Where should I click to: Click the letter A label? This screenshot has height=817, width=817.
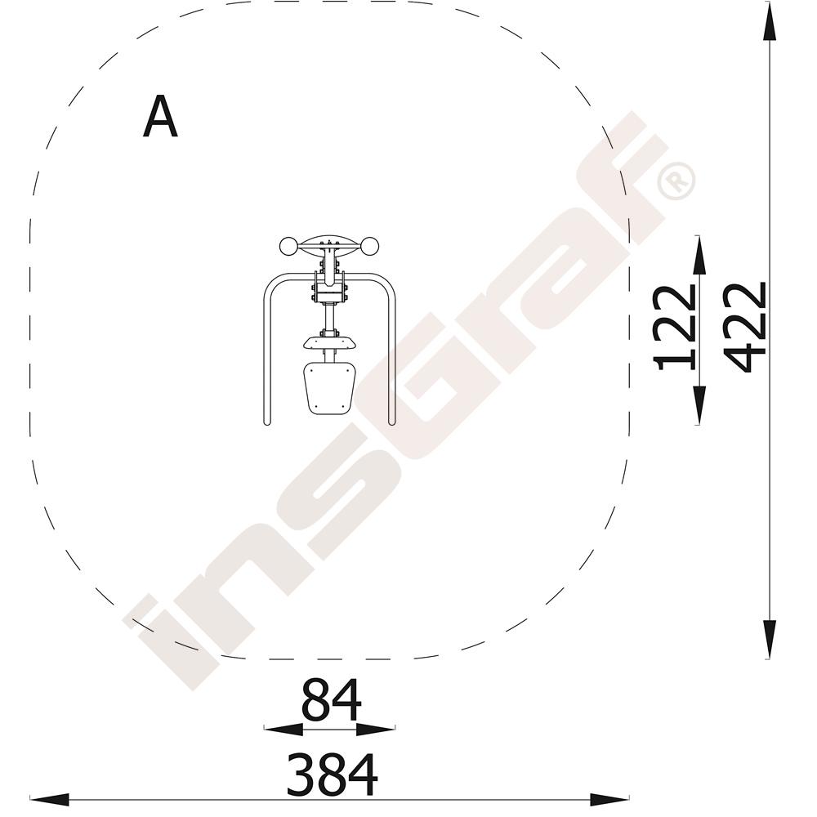pyautogui.click(x=160, y=117)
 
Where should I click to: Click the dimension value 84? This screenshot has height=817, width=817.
pyautogui.click(x=331, y=700)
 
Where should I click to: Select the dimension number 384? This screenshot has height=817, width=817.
pyautogui.click(x=332, y=775)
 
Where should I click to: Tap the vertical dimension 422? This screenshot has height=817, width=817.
pyautogui.click(x=745, y=328)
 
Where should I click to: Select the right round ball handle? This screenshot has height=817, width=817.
pyautogui.click(x=370, y=247)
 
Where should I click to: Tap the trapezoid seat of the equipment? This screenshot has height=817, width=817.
pyautogui.click(x=329, y=388)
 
